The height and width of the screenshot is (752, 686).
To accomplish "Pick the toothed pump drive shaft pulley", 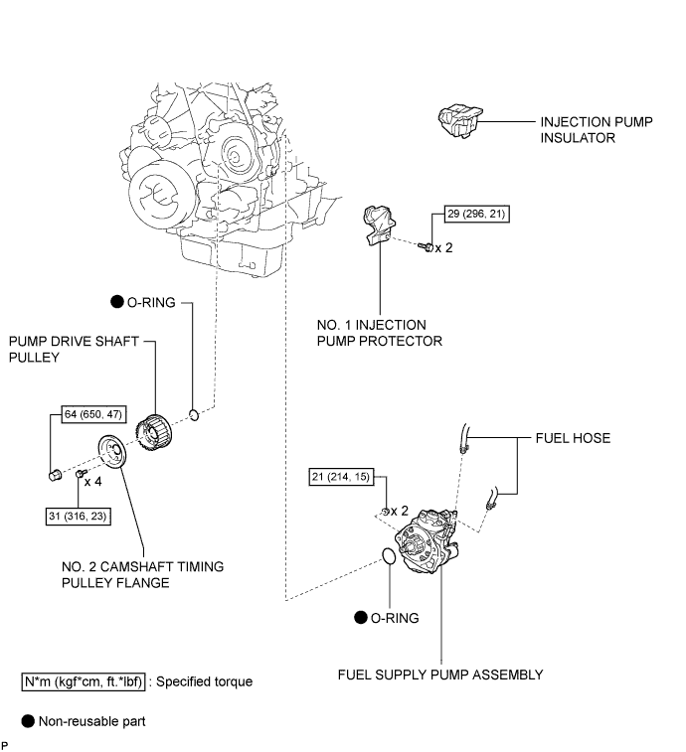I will pyautogui.click(x=159, y=431).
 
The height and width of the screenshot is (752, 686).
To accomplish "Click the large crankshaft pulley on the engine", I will pyautogui.click(x=163, y=193).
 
